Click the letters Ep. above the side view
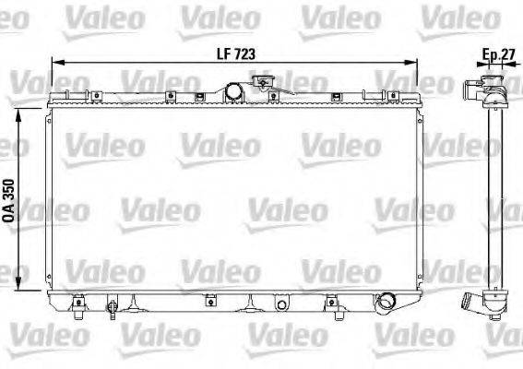(x=487, y=54)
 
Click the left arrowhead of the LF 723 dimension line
(x=54, y=63)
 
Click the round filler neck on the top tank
(x=237, y=91)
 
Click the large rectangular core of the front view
(x=231, y=198)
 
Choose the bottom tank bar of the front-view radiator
(x=231, y=297)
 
